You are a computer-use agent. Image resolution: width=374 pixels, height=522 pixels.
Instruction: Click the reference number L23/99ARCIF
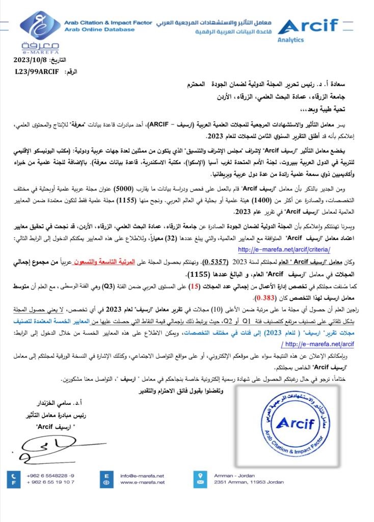pos(36,73)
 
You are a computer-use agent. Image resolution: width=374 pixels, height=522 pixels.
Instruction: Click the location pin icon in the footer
pos(200,478)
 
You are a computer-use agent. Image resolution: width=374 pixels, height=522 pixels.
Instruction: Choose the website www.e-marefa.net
pos(142,482)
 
